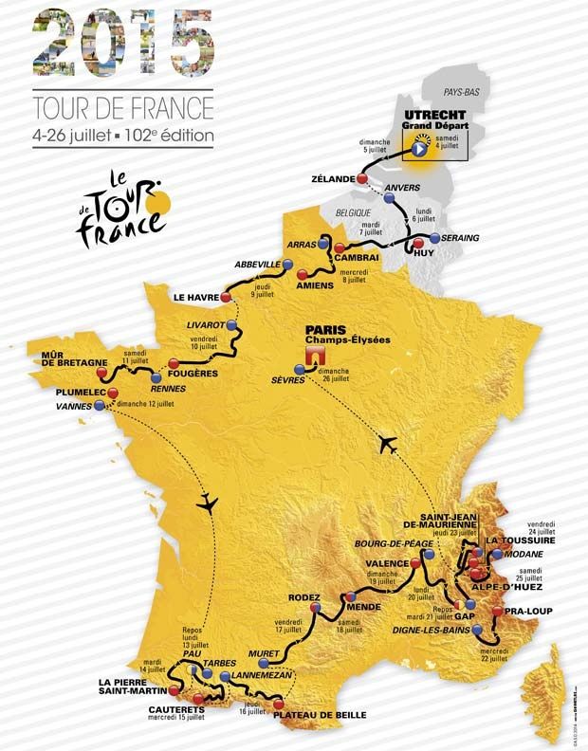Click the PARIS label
click(x=323, y=331)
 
